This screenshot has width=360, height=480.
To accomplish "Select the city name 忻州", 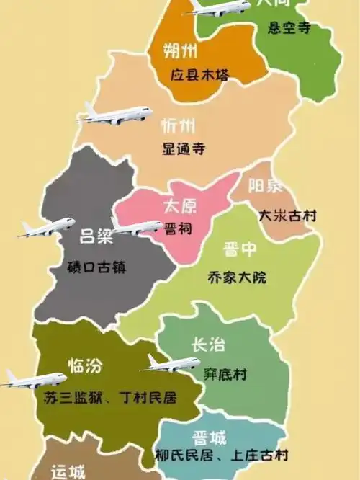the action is (179, 127).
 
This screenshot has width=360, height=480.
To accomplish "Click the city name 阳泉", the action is (266, 187).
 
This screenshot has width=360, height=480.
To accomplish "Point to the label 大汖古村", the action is (287, 215).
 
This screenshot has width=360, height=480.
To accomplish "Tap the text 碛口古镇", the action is (96, 267).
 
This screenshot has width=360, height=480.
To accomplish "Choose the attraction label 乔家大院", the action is (236, 277).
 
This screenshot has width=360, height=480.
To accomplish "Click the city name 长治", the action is (207, 346).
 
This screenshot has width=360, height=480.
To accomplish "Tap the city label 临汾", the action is (85, 365).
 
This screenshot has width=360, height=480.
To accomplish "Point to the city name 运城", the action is (68, 472).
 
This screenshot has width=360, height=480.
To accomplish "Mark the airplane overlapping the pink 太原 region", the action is (137, 226).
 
